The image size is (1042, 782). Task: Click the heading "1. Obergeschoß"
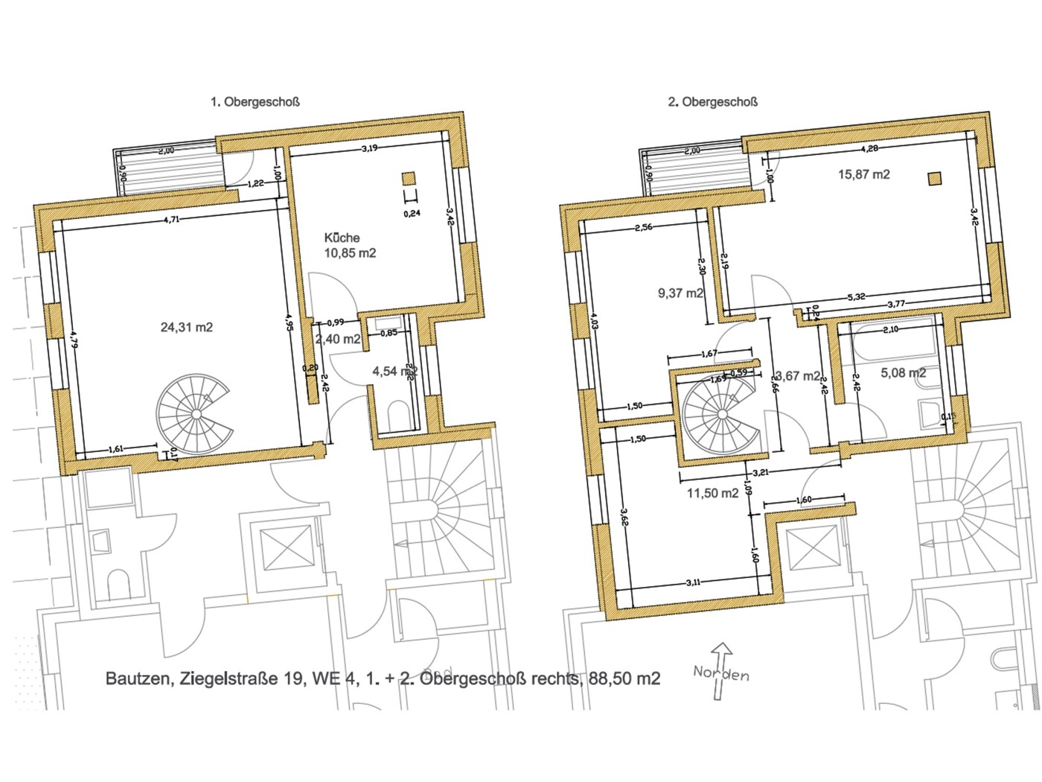pyautogui.click(x=255, y=102)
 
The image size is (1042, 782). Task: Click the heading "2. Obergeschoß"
pyautogui.click(x=712, y=102)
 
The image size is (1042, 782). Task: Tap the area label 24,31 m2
pyautogui.click(x=187, y=327)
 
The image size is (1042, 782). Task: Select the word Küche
pyautogui.click(x=342, y=238)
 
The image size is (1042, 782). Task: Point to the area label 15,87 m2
pyautogui.click(x=864, y=174)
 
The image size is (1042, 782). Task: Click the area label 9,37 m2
pyautogui.click(x=680, y=293)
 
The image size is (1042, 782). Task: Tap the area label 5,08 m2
pyautogui.click(x=903, y=372)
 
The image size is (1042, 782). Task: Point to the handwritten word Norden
pyautogui.click(x=720, y=673)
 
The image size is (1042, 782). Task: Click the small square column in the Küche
pyautogui.click(x=408, y=178)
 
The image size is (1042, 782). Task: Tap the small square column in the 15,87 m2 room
pyautogui.click(x=934, y=177)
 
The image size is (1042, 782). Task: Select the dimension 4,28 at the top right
pyautogui.click(x=869, y=148)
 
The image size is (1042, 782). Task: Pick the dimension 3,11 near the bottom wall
pyautogui.click(x=691, y=582)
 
